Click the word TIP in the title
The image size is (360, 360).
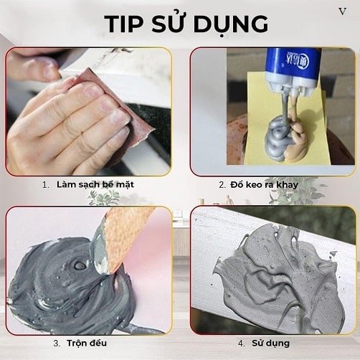coord(124,24)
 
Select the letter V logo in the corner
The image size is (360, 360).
coord(343,11)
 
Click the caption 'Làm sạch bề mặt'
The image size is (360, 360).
coord(95,185)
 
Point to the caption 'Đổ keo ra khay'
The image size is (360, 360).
coord(264,185)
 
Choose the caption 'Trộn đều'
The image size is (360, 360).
coord(87,343)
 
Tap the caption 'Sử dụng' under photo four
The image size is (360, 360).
coord(270,344)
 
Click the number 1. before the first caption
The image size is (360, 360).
coord(45,185)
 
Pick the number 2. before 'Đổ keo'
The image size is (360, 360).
coord(222,185)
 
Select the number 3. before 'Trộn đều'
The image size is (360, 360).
coord(57,344)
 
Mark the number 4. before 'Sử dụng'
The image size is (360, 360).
coord(242,344)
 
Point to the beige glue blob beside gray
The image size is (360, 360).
coord(298,141)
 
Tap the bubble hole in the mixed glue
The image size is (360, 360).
coord(79,265)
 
